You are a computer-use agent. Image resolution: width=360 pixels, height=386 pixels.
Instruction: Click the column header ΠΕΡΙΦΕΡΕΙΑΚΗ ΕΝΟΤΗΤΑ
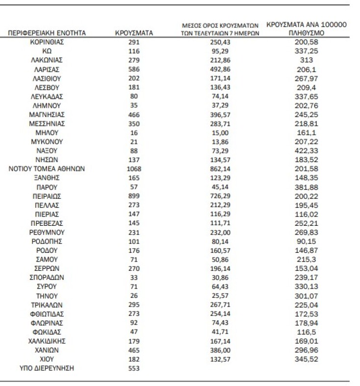tap(47, 33)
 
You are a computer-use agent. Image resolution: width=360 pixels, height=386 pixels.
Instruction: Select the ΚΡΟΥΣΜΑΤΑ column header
tap(134, 33)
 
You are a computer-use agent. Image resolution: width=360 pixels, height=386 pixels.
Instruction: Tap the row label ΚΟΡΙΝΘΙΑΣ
tap(47, 42)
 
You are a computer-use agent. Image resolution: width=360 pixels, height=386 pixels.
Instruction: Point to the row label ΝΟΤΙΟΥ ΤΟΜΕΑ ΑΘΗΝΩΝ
tap(47, 169)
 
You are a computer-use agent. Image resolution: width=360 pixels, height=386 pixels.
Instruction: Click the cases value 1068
tap(134, 169)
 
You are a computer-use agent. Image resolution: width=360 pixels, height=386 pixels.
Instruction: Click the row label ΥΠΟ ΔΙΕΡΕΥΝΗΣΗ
tap(47, 368)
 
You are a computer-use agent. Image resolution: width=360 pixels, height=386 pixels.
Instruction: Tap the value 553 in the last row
tap(134, 368)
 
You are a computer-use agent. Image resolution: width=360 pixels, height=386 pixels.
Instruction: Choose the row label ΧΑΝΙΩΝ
tap(47, 350)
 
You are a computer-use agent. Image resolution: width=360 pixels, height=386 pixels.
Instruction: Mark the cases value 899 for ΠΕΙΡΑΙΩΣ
tap(134, 196)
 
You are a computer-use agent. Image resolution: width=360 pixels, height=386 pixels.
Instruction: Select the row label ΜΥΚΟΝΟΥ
tap(47, 142)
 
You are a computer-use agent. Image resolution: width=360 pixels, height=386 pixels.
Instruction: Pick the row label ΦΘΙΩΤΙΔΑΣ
tap(47, 314)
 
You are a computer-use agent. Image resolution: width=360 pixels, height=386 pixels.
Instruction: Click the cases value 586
tap(134, 69)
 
